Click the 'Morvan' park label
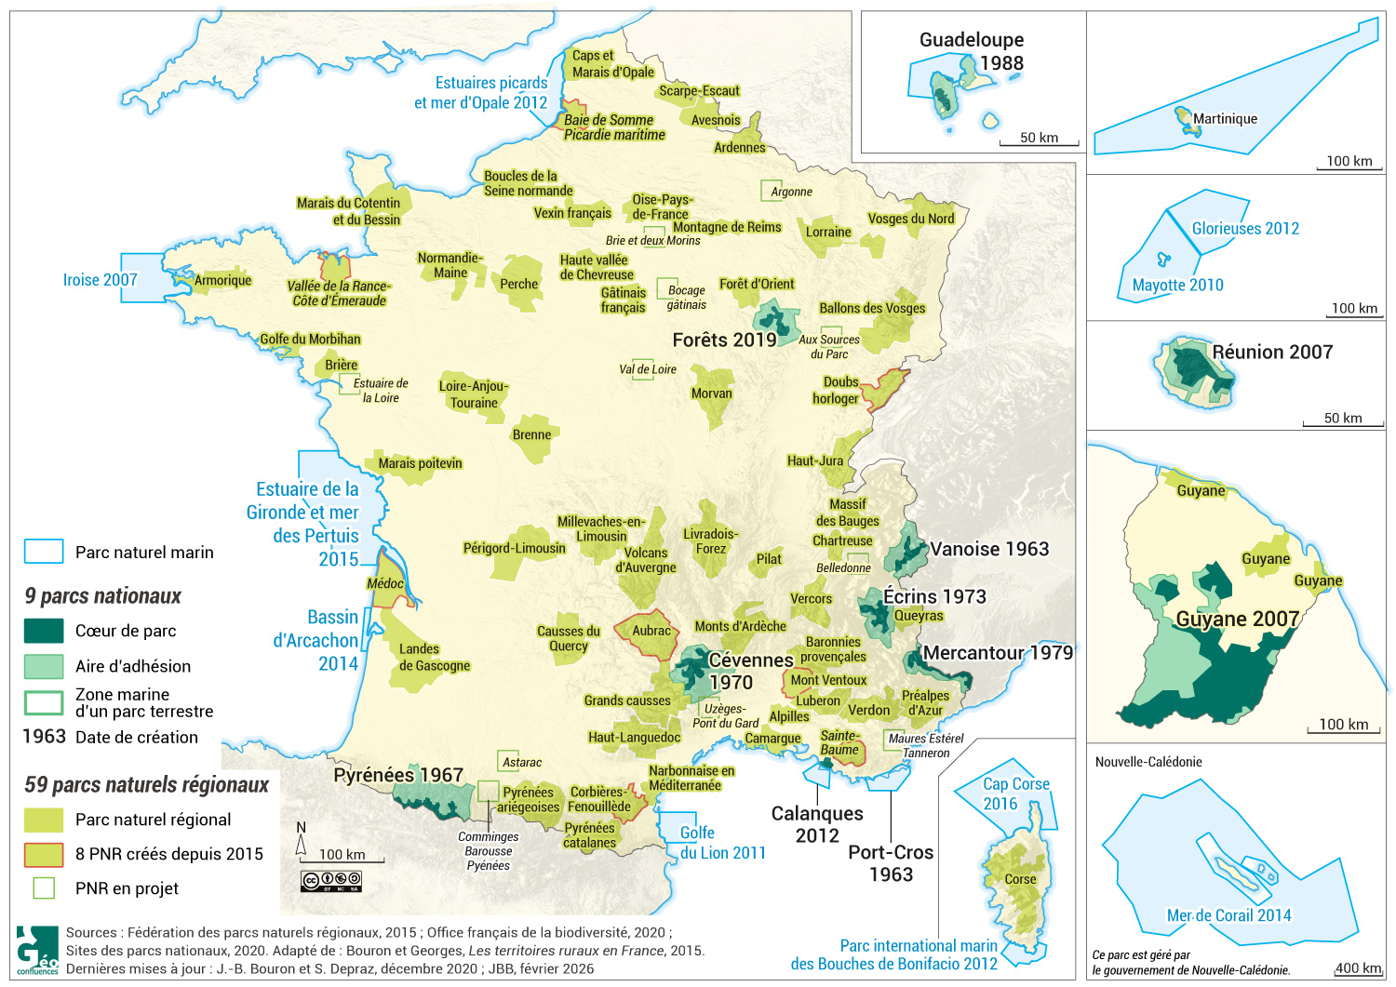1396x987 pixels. pyautogui.click(x=711, y=393)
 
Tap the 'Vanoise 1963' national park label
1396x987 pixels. pyautogui.click(x=989, y=549)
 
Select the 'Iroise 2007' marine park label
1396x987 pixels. pyautogui.click(x=100, y=280)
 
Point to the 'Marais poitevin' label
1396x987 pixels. pyautogui.click(x=420, y=463)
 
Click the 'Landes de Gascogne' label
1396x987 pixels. pyautogui.click(x=434, y=657)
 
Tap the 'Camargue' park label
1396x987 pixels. pyautogui.click(x=772, y=738)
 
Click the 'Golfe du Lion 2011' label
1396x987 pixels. pyautogui.click(x=722, y=843)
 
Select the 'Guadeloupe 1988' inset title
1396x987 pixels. pyautogui.click(x=972, y=51)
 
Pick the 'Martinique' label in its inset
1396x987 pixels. pyautogui.click(x=1225, y=119)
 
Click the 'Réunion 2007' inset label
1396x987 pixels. pyautogui.click(x=1272, y=352)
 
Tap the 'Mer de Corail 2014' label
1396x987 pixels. pyautogui.click(x=1228, y=915)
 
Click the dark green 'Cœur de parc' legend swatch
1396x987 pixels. pyautogui.click(x=44, y=631)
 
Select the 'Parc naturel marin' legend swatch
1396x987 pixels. pyautogui.click(x=44, y=552)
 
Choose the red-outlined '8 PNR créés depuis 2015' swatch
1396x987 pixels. pyautogui.click(x=44, y=854)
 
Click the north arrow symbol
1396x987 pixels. pyautogui.click(x=301, y=840)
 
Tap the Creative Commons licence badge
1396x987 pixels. pyautogui.click(x=330, y=880)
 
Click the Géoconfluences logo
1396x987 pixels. pyautogui.click(x=36, y=950)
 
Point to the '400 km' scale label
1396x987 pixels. pyautogui.click(x=1358, y=968)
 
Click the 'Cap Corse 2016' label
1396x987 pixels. pyautogui.click(x=1015, y=794)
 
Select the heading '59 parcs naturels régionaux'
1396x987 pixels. pyautogui.click(x=146, y=784)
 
